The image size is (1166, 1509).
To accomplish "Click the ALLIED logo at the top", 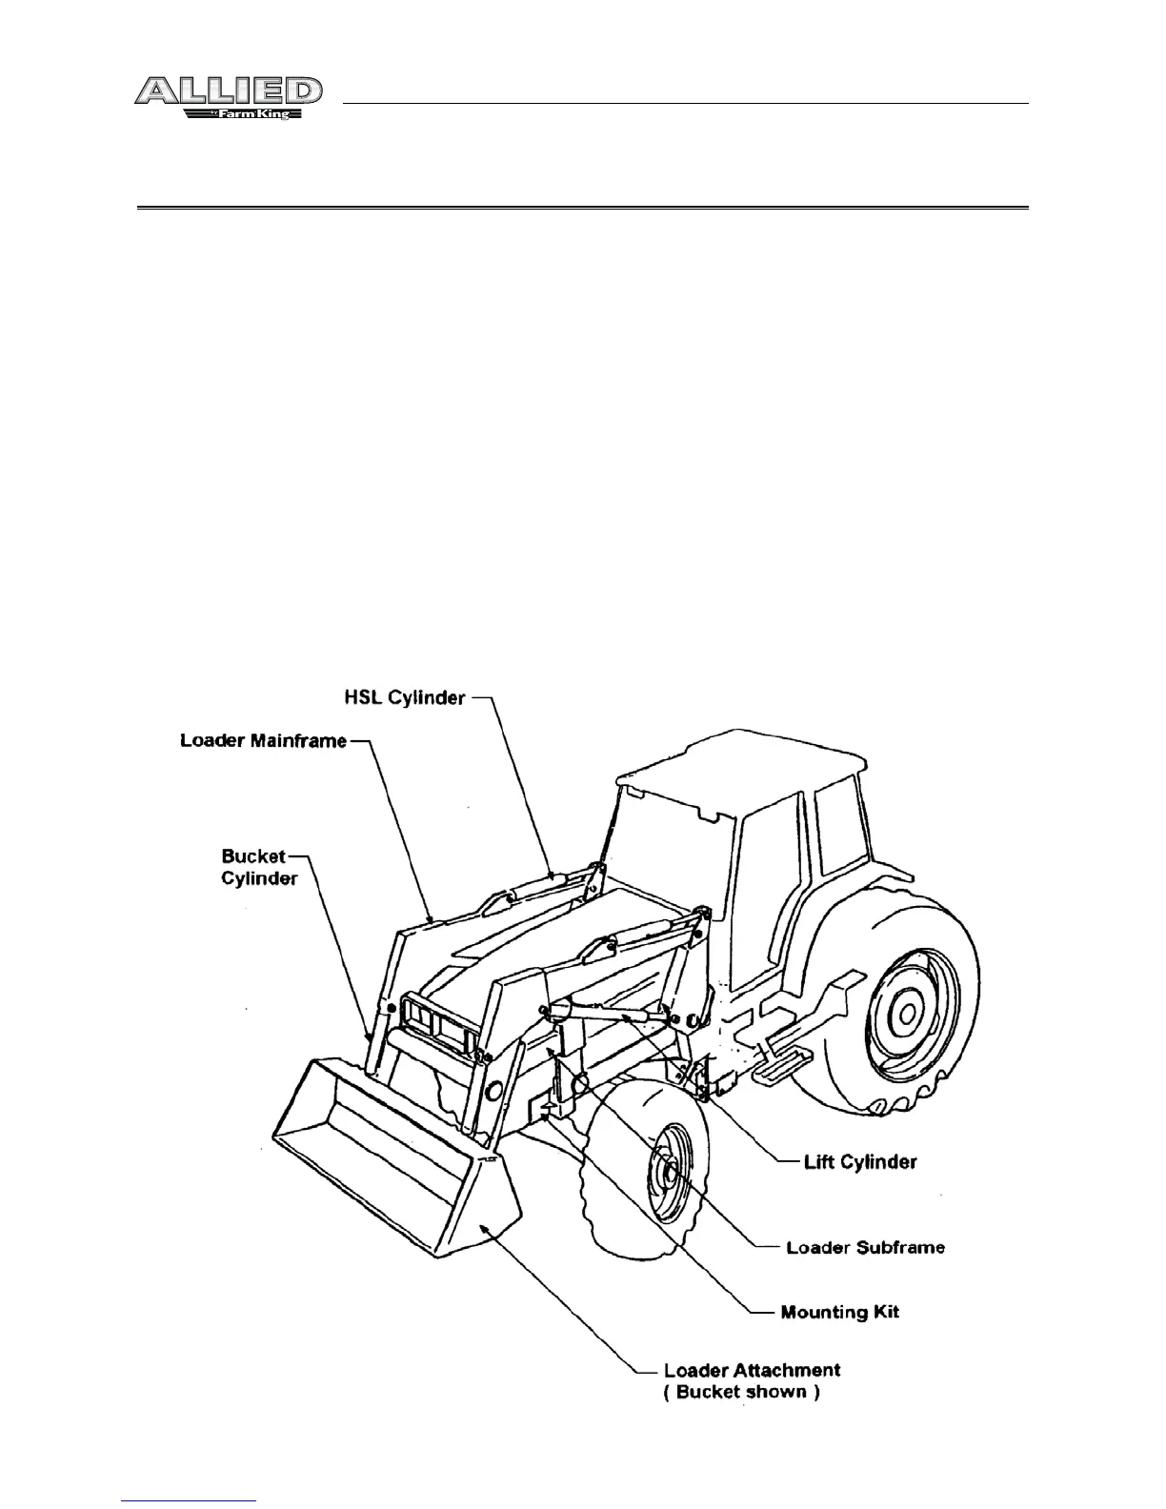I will (228, 91).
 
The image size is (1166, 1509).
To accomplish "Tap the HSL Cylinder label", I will (404, 698).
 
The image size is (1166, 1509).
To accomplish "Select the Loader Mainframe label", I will (263, 740).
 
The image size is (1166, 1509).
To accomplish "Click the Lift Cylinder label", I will (860, 1161).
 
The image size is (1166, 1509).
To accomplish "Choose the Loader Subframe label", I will (865, 1247).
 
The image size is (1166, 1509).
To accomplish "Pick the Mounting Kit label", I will (839, 1312).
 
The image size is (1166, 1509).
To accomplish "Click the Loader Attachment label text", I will (752, 1370).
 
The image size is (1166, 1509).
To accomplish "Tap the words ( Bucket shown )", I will (741, 1392).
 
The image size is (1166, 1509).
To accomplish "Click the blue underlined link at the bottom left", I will (190, 1502).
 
